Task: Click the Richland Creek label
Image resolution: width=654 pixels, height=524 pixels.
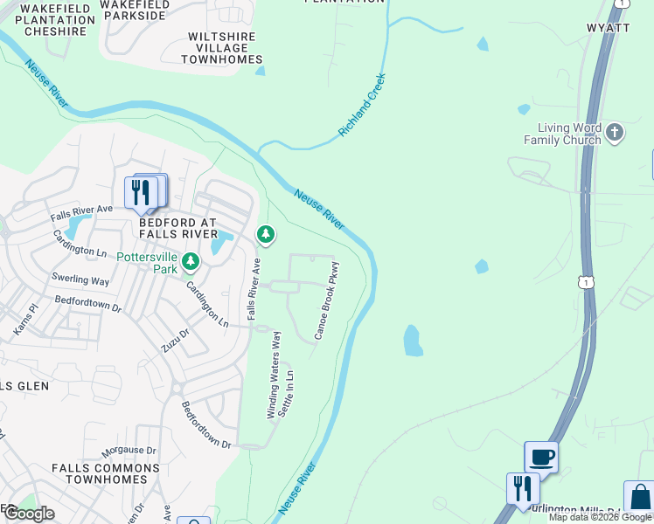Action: coord(362,106)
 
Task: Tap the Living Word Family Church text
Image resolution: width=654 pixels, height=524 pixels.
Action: coord(562,134)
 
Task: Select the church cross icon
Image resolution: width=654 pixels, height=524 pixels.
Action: coord(615,132)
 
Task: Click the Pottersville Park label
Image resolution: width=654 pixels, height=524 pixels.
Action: coord(147,264)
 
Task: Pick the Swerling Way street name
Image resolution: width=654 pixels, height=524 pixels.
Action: coord(80,281)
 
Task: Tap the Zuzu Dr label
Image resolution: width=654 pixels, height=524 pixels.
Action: coord(174,341)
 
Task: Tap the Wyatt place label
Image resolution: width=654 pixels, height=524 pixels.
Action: coord(608,28)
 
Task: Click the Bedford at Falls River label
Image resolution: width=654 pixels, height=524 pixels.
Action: coord(177,228)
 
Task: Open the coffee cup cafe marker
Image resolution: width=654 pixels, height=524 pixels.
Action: coord(541,456)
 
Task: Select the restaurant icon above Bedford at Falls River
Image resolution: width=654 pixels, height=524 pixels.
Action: coord(142,192)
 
